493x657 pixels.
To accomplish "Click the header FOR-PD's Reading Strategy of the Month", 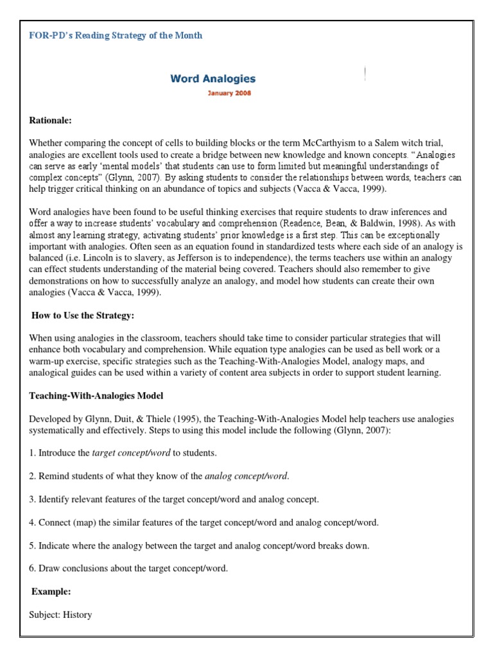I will pos(116,35).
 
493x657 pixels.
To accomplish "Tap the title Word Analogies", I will pos(212,79).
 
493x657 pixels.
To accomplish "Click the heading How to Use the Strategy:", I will pos(83,316).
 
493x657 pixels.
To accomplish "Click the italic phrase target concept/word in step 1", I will pos(132,453).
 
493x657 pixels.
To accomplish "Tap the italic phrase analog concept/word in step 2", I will pos(246,476).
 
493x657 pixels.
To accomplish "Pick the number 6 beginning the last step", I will pos(32,568).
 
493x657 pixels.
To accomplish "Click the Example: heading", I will pos(51,592).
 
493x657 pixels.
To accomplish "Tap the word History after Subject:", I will pos(76,615).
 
